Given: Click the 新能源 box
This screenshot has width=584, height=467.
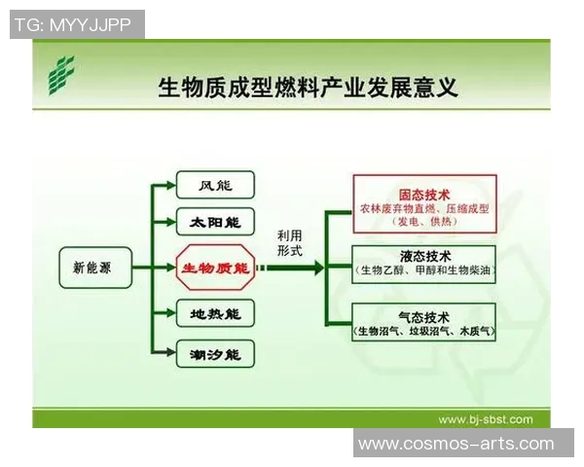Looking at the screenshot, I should point(91,267).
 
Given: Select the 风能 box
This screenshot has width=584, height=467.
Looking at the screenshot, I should point(215,185).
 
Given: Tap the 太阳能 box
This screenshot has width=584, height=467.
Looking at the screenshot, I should point(215,222).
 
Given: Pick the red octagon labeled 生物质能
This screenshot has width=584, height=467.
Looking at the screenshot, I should point(215,267).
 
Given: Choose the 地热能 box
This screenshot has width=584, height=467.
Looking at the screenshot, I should point(215,312).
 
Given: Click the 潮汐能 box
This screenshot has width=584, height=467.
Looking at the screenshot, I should point(215,353).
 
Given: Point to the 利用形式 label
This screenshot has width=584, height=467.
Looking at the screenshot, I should point(289,243).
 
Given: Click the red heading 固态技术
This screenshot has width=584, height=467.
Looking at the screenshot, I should point(424,193).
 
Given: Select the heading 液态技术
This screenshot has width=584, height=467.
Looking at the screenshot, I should point(424,255).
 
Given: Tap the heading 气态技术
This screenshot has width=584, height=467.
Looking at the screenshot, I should point(424,316).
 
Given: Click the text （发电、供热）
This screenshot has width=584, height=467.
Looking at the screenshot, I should point(424,223).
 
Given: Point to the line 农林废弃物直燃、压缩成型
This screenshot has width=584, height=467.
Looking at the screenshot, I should point(424,208).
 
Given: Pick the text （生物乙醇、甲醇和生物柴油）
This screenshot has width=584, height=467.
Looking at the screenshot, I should point(424,269).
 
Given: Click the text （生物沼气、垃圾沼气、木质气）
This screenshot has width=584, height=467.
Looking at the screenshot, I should point(424,332).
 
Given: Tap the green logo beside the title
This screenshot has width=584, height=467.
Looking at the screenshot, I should point(63,77).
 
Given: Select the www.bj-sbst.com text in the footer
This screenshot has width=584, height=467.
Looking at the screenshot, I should point(485,419).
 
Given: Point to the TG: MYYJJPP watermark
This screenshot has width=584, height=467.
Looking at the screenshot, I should point(77,24).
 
